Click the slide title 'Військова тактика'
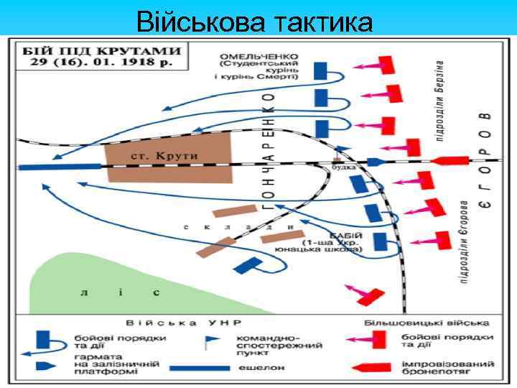[x=254, y=22]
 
